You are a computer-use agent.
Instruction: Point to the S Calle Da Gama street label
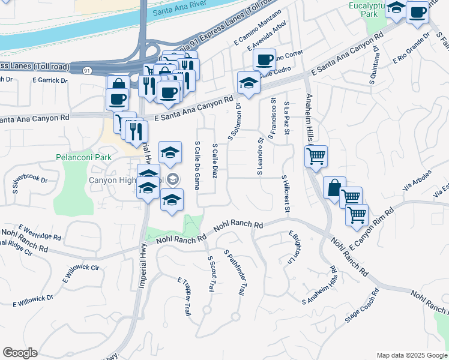coord(197,165)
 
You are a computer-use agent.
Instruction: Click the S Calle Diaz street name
coord(215,160)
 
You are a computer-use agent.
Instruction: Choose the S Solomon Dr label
coord(234,122)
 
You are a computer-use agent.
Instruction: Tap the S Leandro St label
coord(261,157)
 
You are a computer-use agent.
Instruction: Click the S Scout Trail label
coord(210,274)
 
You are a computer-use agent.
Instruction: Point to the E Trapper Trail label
coord(184,296)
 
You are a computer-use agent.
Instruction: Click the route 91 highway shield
coord(88,70)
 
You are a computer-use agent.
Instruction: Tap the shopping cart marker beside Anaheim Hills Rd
coord(316,157)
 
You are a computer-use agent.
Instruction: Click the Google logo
coord(20,353)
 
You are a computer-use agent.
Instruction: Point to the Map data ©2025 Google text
coord(412,355)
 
